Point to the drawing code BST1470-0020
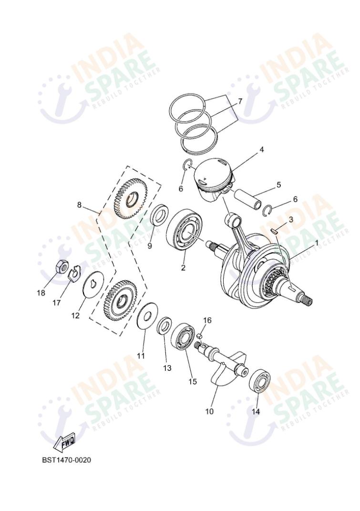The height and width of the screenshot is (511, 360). pyautogui.click(x=66, y=460)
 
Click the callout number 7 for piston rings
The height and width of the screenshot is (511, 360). pyautogui.click(x=240, y=101)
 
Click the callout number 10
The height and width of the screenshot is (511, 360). pyautogui.click(x=209, y=411)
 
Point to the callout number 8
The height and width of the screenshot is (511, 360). pyautogui.click(x=80, y=205)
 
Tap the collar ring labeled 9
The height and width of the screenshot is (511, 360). pyautogui.click(x=159, y=215)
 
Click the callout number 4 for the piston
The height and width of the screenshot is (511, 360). pyautogui.click(x=261, y=149)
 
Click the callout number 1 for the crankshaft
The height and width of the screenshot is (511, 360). pyautogui.click(x=316, y=243)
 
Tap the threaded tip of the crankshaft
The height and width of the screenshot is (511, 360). pyautogui.click(x=307, y=300)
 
